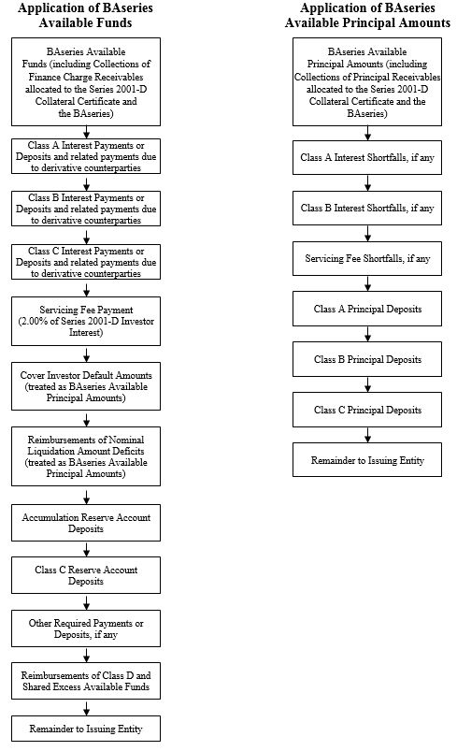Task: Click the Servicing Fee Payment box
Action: [x=86, y=321]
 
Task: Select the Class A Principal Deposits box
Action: [x=367, y=309]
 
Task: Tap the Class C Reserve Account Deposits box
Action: [x=86, y=575]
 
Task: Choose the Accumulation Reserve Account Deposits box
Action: [x=86, y=523]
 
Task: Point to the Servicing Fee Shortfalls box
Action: [x=367, y=258]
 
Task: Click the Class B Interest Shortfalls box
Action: [x=367, y=208]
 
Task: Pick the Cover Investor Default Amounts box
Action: [x=86, y=386]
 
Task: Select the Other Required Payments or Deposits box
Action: [x=86, y=628]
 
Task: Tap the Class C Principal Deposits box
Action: [x=367, y=410]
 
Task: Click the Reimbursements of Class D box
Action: [x=86, y=681]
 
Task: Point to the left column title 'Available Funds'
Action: [x=86, y=22]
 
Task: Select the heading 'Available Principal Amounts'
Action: [x=367, y=22]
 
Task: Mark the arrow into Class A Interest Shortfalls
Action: [x=367, y=133]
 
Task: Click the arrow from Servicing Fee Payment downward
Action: [x=86, y=354]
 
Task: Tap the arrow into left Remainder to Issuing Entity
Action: [x=86, y=707]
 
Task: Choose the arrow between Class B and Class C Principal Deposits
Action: [x=367, y=384]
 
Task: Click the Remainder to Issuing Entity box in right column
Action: [x=367, y=460]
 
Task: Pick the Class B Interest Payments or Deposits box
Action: [x=86, y=209]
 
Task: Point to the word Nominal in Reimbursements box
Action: [x=126, y=440]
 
